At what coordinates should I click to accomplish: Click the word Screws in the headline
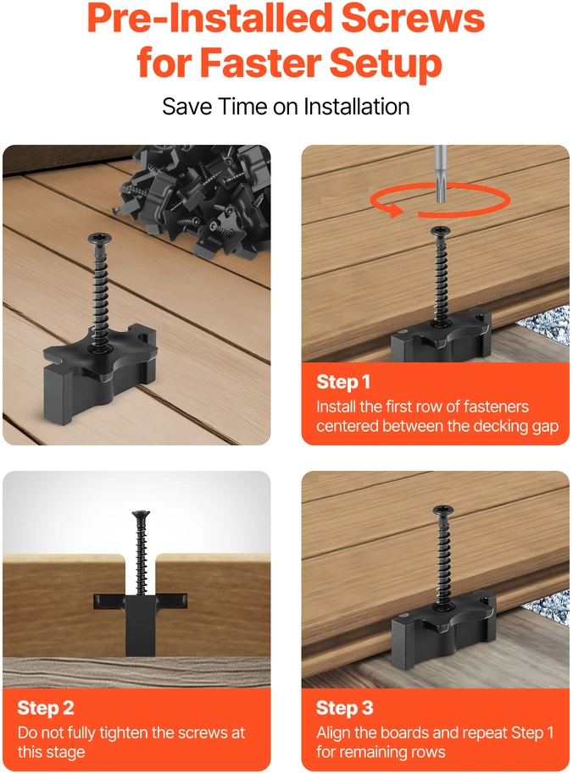point(413,19)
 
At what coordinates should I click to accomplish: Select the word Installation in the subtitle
point(356,107)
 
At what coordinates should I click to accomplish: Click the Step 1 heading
point(343,382)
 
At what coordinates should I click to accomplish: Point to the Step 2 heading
point(46,708)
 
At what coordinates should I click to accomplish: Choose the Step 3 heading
point(345,708)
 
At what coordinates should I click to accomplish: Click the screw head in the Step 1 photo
point(441,231)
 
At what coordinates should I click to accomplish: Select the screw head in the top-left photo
point(99,240)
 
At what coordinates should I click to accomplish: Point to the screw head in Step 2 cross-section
point(142,514)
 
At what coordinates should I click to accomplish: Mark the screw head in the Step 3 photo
point(442,511)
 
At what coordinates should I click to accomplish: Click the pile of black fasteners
point(197,197)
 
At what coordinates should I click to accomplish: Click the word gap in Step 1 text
point(545,428)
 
